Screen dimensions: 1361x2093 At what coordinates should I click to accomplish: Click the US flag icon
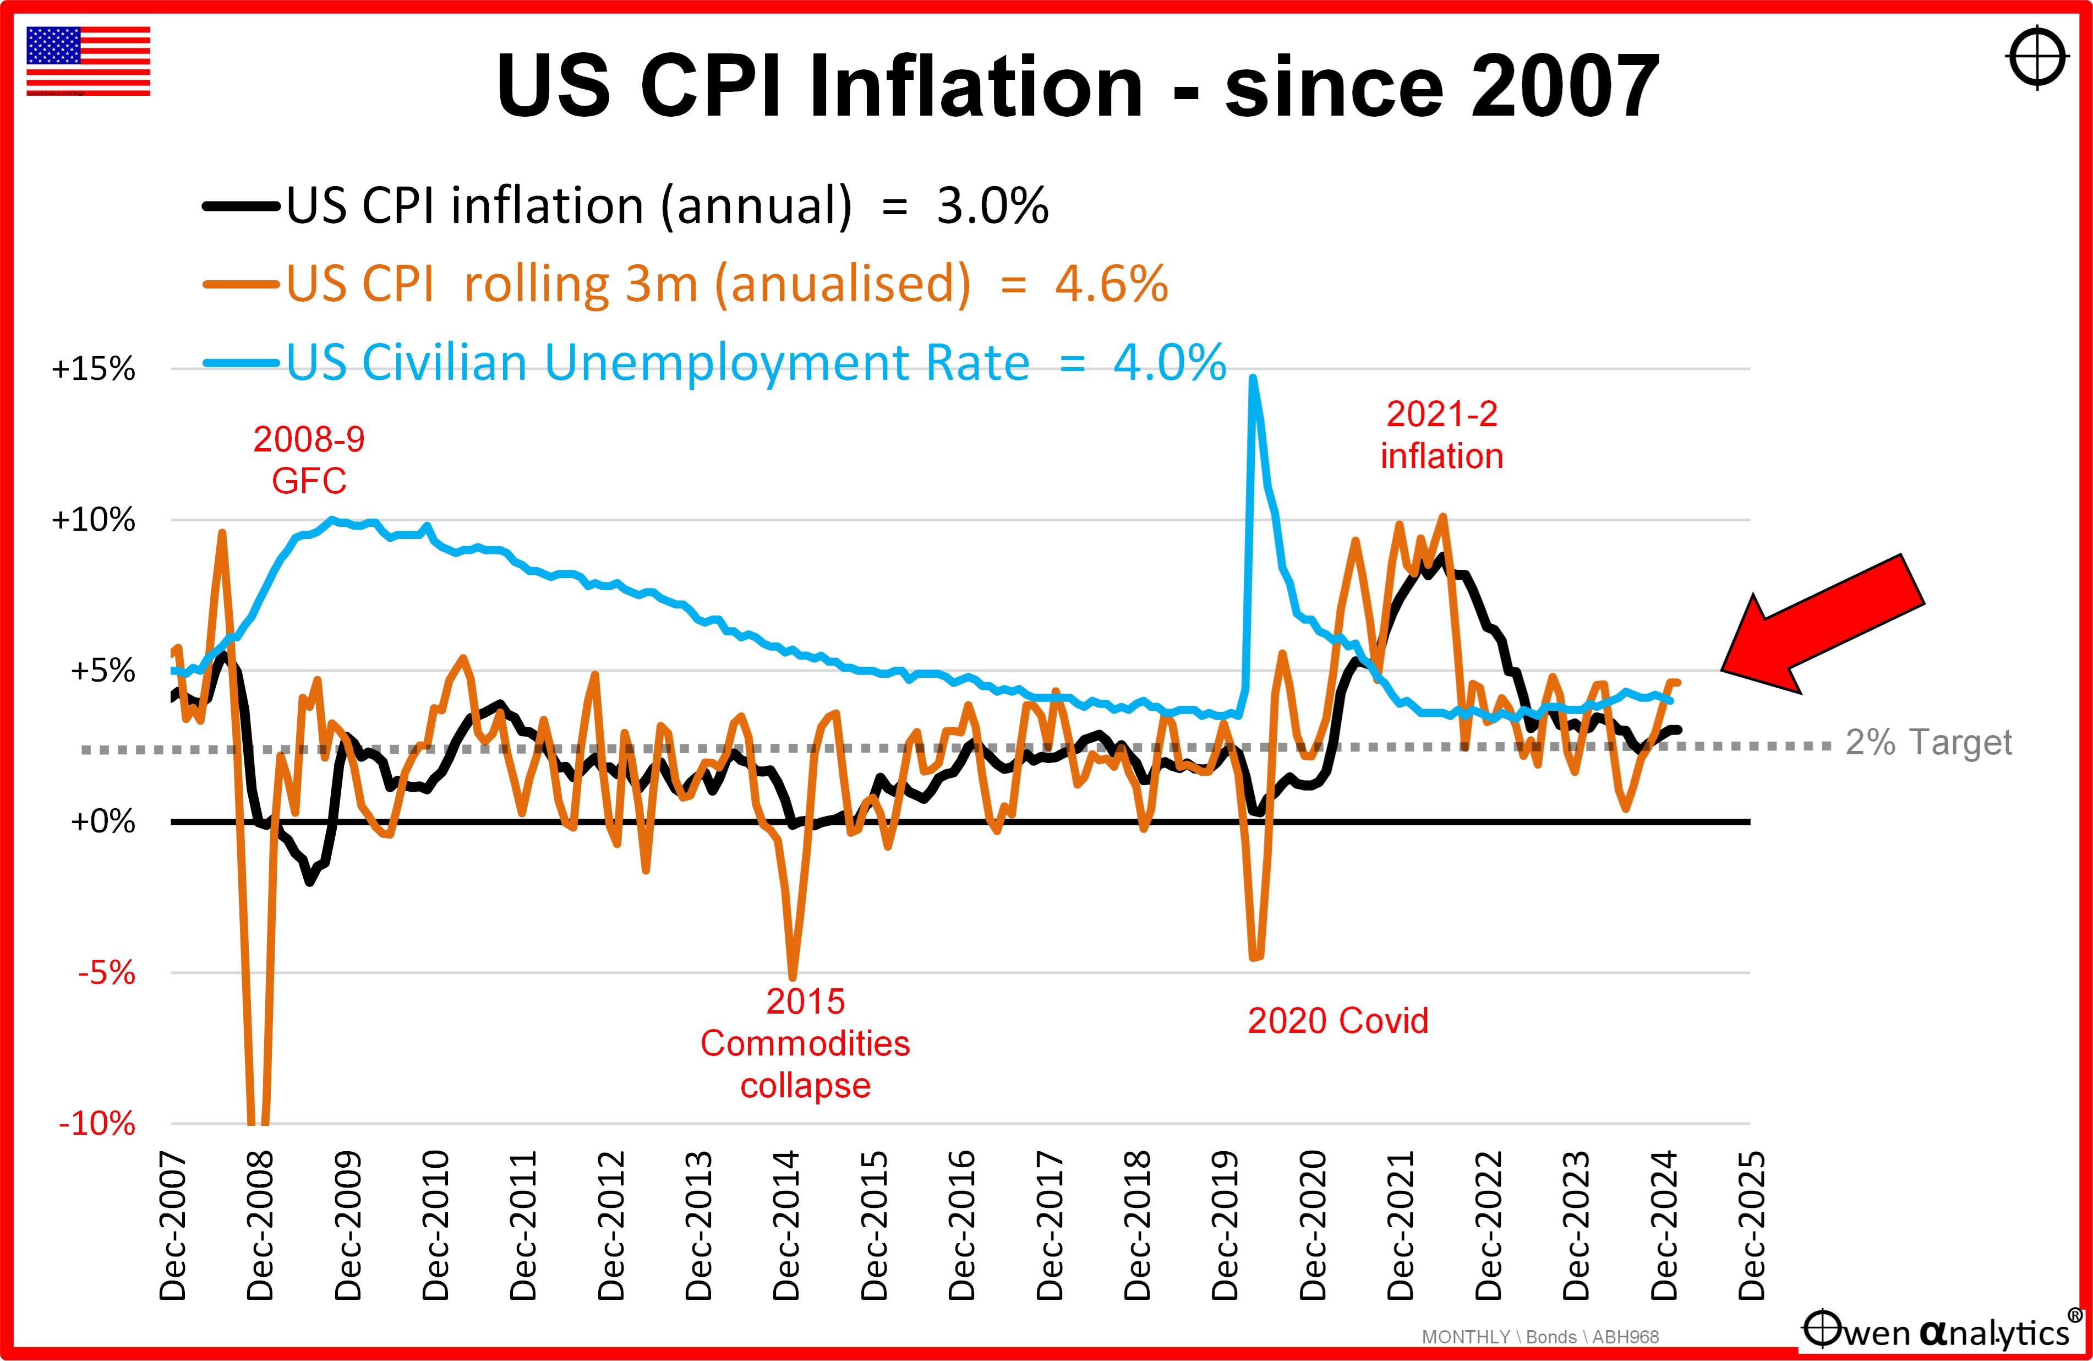coord(88,61)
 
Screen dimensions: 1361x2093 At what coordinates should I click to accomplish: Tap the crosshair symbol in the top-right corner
coord(2037,58)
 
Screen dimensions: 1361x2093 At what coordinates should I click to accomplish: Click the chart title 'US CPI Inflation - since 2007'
coord(1077,86)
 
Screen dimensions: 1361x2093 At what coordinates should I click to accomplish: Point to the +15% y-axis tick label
coord(93,369)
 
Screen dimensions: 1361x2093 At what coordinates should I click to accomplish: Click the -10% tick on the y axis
coord(97,1124)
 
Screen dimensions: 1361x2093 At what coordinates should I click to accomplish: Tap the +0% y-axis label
coord(102,821)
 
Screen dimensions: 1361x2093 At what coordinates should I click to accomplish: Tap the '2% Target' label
coord(1928,743)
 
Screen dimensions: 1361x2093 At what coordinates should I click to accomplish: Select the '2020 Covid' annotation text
coord(1337,1021)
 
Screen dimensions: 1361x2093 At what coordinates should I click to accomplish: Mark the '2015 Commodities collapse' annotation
coord(805,1043)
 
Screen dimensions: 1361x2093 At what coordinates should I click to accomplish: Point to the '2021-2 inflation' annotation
coord(1441,434)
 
